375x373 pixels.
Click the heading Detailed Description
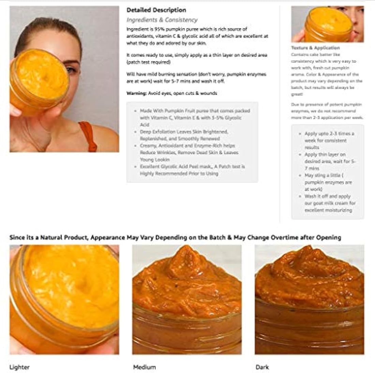(156, 10)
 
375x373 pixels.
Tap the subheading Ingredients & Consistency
(162, 20)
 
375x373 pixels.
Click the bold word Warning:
(136, 93)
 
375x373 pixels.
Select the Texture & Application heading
(315, 48)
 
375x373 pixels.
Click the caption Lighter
(19, 367)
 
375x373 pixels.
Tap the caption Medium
(144, 367)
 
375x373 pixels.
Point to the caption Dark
(262, 367)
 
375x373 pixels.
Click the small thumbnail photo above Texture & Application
(327, 24)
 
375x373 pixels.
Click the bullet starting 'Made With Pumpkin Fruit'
(194, 118)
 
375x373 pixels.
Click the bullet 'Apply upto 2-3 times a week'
(329, 140)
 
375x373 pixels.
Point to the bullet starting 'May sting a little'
(328, 182)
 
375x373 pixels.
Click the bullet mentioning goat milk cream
(330, 203)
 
